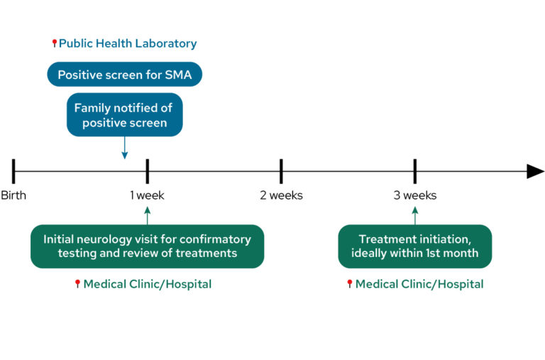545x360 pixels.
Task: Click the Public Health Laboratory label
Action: (x=128, y=44)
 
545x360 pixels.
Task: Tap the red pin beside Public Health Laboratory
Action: (x=55, y=44)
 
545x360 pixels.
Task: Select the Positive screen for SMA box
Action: (x=124, y=75)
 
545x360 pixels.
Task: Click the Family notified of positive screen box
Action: (x=124, y=114)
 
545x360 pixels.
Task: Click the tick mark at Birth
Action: (x=13, y=171)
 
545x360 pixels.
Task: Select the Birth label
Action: (x=13, y=195)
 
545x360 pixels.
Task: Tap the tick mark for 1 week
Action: (x=147, y=171)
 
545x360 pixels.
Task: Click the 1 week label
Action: (x=147, y=195)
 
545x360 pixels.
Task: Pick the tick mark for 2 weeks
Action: (x=281, y=171)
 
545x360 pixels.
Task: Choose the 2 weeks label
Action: (x=281, y=195)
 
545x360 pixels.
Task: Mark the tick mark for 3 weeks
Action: (x=415, y=171)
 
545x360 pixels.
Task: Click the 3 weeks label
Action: (x=415, y=195)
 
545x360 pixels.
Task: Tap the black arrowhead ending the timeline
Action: (x=534, y=171)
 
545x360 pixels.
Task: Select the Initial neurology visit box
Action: (x=147, y=246)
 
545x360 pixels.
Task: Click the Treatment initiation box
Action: (x=415, y=246)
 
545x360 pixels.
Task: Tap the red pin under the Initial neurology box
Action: (x=78, y=284)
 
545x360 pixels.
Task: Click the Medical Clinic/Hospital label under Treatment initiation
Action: (x=419, y=284)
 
